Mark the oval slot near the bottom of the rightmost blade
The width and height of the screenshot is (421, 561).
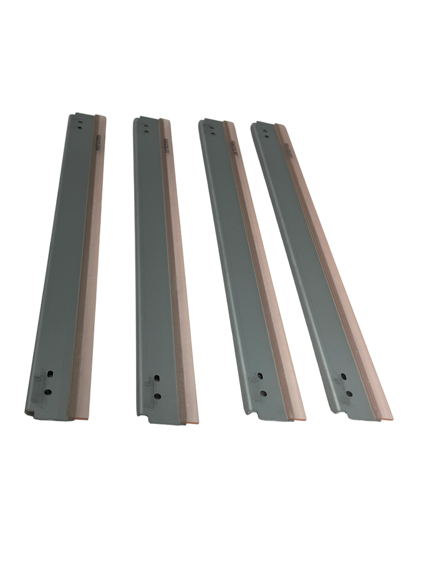pyautogui.click(x=344, y=376)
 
